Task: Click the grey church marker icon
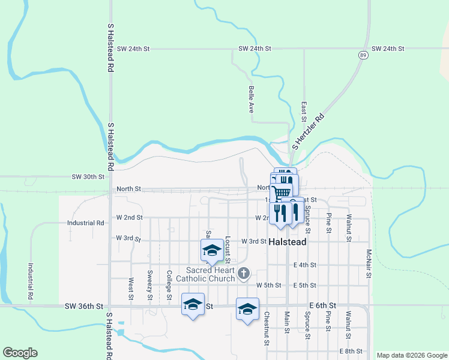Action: (x=243, y=274)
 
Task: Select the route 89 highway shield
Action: (x=363, y=55)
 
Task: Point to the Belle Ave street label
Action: (x=251, y=100)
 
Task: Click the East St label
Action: (x=304, y=112)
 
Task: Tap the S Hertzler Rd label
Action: (x=308, y=132)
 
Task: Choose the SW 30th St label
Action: (x=88, y=177)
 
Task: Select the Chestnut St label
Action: (x=266, y=329)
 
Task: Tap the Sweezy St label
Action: (x=150, y=285)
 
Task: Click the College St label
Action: (x=170, y=285)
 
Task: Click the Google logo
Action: (x=20, y=353)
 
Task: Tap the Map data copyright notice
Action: (x=411, y=355)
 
